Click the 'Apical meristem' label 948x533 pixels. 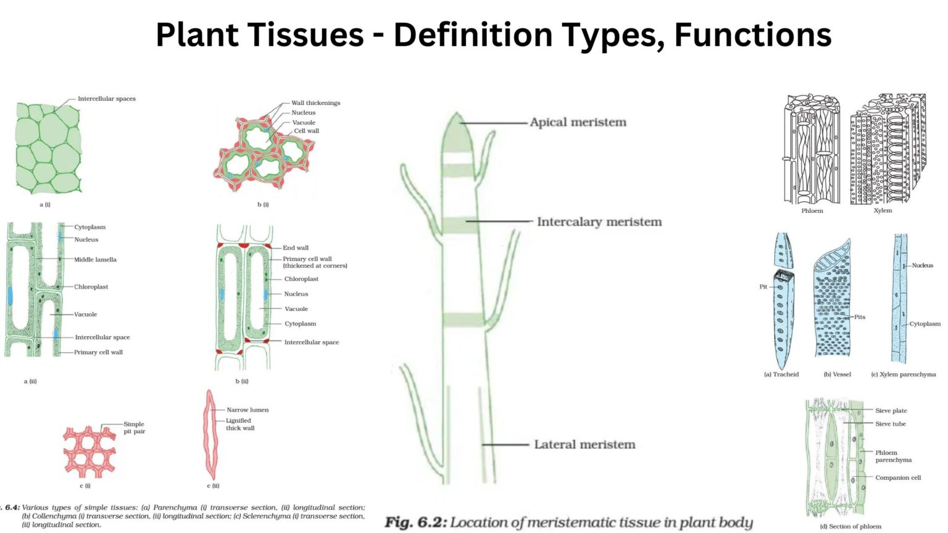click(578, 122)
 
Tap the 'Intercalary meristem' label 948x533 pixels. click(599, 221)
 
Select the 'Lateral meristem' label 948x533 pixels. click(584, 444)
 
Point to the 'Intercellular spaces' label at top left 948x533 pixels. click(106, 99)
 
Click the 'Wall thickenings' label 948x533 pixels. click(315, 103)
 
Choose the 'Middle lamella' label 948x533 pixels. click(95, 260)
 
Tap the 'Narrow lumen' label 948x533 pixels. click(247, 410)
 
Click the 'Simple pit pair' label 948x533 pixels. click(134, 428)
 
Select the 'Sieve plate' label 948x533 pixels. click(891, 411)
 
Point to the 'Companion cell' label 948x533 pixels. click(897, 477)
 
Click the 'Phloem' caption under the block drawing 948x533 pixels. click(812, 211)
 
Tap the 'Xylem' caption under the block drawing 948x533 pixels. click(882, 210)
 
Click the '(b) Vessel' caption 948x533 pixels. click(837, 374)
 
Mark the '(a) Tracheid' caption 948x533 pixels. click(781, 374)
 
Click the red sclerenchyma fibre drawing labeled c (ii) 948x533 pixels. click(211, 435)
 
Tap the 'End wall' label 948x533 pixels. click(295, 248)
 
